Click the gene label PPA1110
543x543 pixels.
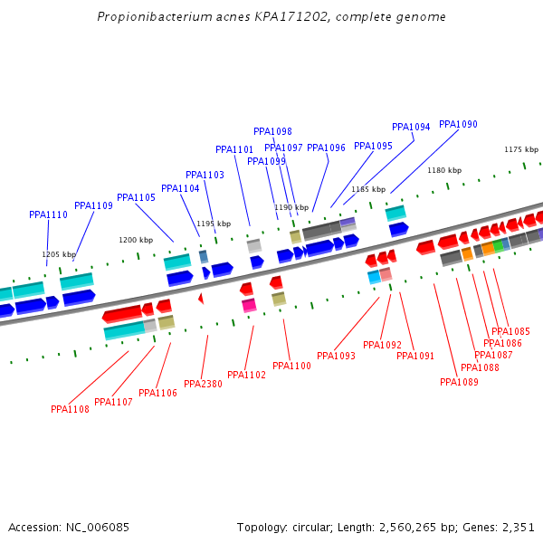pos(48,215)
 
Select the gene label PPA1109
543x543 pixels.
pos(93,206)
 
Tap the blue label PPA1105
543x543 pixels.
pos(136,198)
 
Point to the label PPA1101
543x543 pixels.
pos(234,150)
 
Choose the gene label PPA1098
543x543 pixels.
pos(272,132)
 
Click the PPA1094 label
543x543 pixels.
pos(411,128)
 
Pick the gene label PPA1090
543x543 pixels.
pos(458,125)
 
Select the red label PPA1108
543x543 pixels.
pos(70,410)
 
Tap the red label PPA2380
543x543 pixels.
pos(203,385)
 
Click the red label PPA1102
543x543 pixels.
pos(246,376)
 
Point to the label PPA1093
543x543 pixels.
pos(336,357)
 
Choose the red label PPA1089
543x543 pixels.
pos(459,383)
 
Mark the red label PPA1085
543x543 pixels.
pos(510,332)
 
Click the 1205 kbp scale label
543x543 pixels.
pos(59,255)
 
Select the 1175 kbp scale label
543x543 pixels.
pos(521,150)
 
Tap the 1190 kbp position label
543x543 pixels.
pos(291,208)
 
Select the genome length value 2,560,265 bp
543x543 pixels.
pos(412,528)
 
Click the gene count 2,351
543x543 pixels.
pos(518,528)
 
